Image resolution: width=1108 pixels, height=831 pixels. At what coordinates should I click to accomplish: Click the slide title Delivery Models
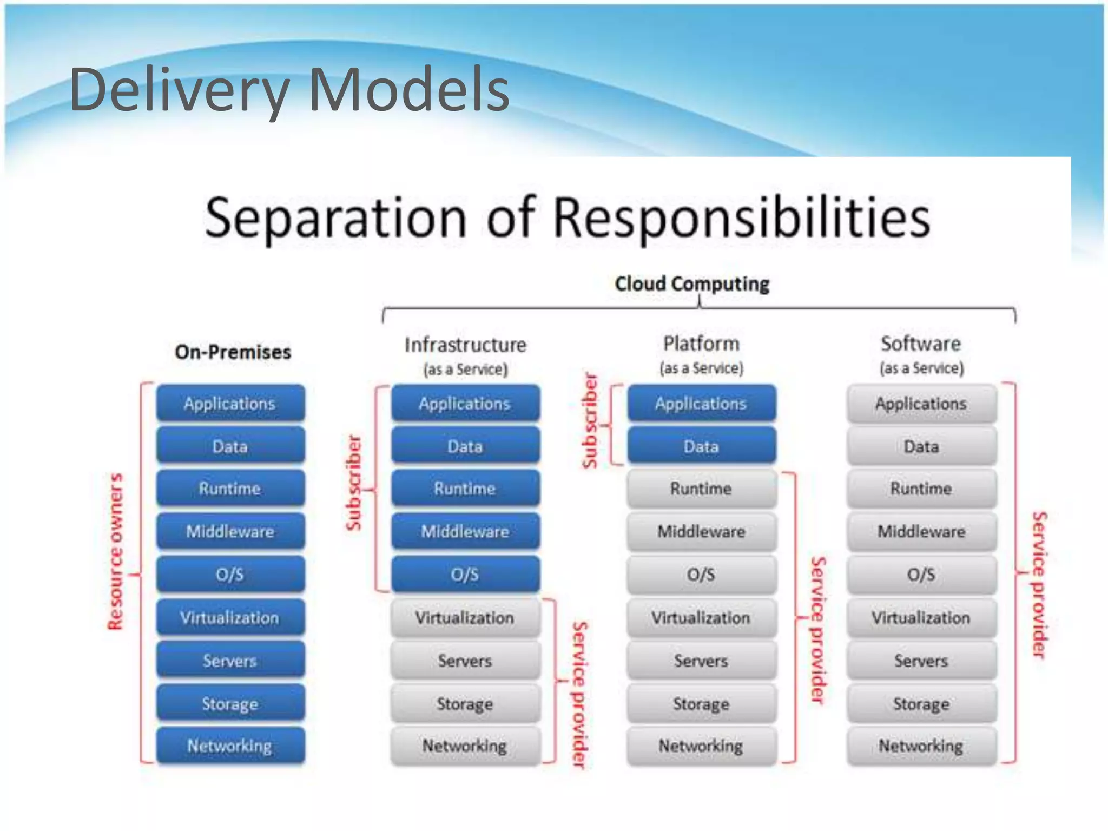[x=289, y=89]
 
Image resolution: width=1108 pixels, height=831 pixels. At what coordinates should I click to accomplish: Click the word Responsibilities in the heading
[x=741, y=217]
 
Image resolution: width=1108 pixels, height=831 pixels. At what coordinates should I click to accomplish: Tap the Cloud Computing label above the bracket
[x=692, y=283]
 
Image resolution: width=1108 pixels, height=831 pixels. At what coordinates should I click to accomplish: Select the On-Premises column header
[x=233, y=352]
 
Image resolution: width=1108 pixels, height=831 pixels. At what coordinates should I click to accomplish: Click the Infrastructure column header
[x=465, y=345]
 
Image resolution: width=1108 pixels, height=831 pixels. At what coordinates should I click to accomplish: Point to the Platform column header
[x=701, y=344]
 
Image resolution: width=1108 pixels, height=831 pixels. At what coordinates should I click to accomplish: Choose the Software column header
[x=921, y=344]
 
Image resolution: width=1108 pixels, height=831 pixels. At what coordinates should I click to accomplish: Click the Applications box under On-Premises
[x=230, y=403]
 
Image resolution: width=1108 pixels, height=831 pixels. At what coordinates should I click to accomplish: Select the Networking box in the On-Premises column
[x=230, y=746]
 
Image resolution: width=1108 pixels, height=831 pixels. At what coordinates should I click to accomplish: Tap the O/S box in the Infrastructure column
[x=465, y=574]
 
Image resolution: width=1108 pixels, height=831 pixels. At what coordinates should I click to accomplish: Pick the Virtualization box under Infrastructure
[x=465, y=617]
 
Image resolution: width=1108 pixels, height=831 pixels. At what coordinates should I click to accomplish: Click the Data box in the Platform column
[x=701, y=446]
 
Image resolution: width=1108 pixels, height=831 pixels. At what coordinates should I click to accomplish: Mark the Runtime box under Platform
[x=701, y=489]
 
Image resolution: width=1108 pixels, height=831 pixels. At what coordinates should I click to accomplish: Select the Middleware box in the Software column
[x=921, y=531]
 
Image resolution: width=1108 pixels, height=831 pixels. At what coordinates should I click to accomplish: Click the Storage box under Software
[x=921, y=703]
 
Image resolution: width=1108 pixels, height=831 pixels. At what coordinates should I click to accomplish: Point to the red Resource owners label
[x=115, y=552]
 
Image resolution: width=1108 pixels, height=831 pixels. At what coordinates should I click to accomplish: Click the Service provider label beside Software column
[x=1039, y=584]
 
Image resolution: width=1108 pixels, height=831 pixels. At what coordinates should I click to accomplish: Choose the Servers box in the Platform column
[x=701, y=661]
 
